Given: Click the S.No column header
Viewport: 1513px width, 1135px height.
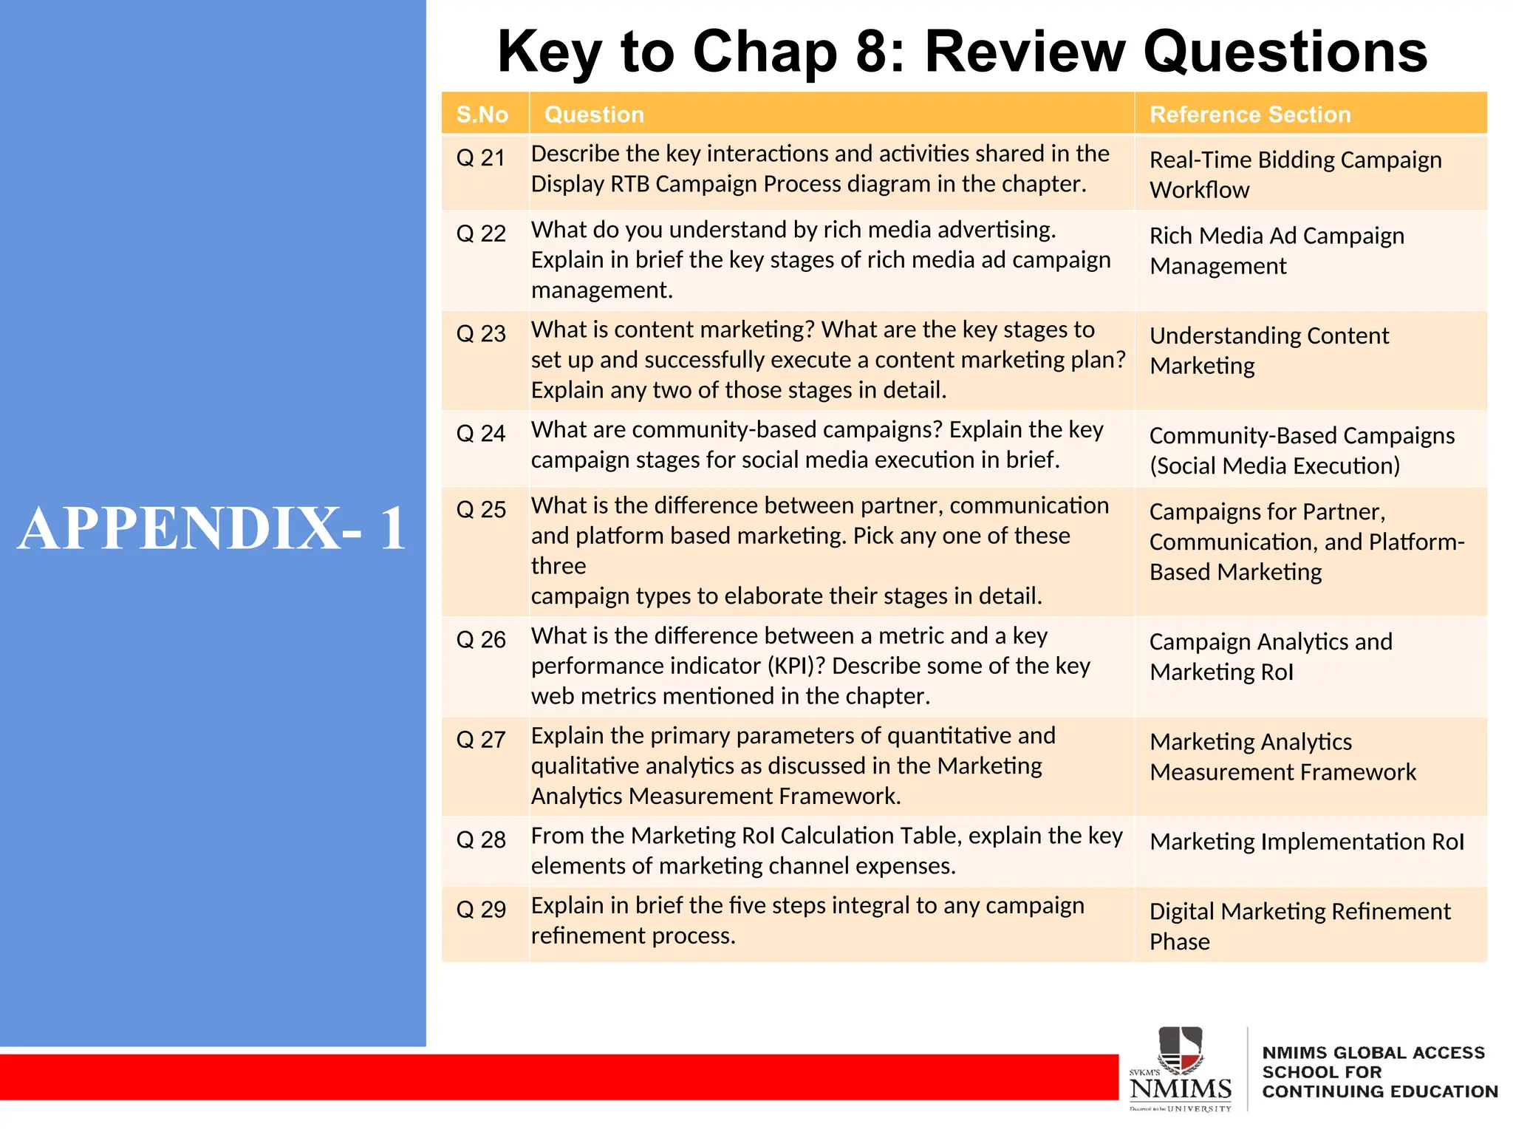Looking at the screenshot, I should point(482,115).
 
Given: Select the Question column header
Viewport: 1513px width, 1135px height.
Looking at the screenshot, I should point(594,115).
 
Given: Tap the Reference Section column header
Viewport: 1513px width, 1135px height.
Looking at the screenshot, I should point(1250,115).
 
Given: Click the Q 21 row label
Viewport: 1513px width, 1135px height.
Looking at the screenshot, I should point(480,157).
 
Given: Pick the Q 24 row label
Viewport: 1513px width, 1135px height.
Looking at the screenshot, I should point(480,433).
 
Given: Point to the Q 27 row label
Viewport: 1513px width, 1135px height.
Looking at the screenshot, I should point(480,740).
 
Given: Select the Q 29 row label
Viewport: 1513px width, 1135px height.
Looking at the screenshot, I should point(480,909).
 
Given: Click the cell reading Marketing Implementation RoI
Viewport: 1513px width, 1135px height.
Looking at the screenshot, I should point(1306,842).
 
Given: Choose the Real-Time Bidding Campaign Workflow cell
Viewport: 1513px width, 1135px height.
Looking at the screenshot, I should point(1295,174).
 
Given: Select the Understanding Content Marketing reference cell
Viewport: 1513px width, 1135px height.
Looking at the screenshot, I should point(1268,350).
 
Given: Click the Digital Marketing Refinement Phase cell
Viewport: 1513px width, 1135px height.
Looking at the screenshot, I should point(1299,926).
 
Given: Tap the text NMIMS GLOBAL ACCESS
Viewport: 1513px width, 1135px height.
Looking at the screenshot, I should point(1373,1052).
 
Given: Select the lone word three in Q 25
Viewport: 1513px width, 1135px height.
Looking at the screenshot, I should point(558,566).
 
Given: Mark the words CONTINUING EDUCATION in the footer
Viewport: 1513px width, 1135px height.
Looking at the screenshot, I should point(1379,1091).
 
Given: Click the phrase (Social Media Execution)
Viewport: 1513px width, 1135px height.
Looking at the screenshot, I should point(1274,466).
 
